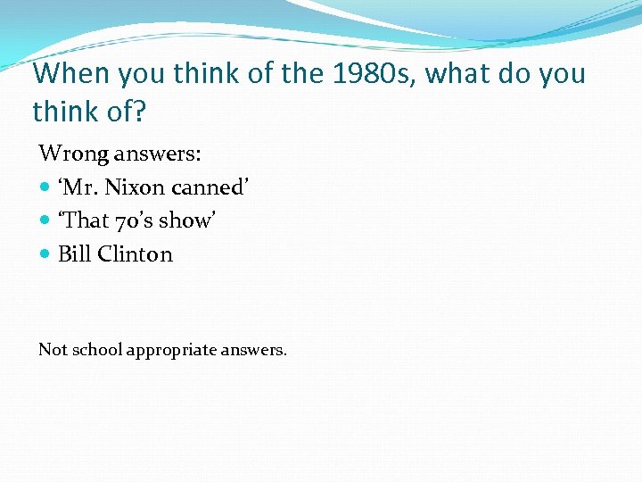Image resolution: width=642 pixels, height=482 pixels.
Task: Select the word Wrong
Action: (74, 154)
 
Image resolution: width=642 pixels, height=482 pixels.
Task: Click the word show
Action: (186, 220)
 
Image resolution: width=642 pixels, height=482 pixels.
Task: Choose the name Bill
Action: (75, 254)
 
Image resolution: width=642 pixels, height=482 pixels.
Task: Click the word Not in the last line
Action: (53, 349)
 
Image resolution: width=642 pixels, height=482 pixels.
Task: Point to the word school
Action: (97, 349)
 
